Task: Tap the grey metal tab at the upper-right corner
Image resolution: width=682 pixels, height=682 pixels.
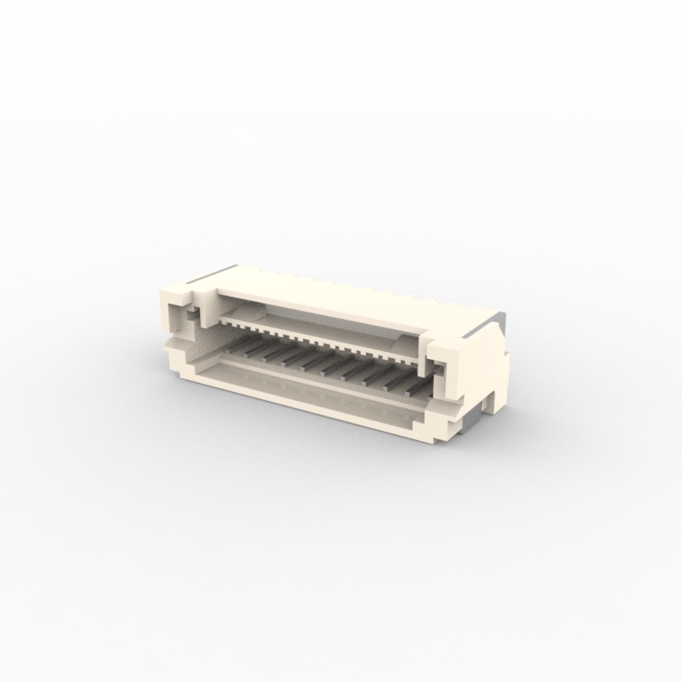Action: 496,317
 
